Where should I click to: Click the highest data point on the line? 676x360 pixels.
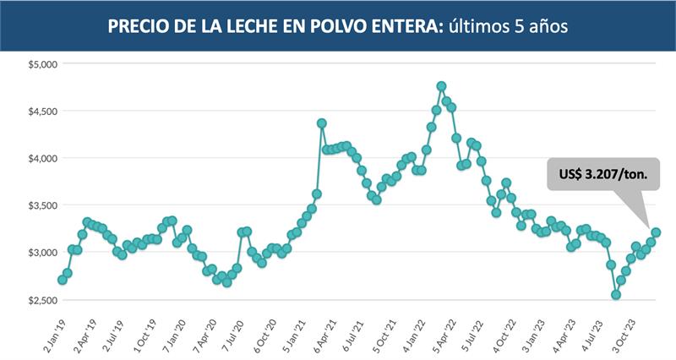pyautogui.click(x=441, y=86)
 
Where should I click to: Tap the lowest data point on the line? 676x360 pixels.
pyautogui.click(x=616, y=295)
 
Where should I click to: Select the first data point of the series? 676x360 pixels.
pyautogui.click(x=62, y=280)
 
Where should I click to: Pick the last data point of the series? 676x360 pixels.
pyautogui.click(x=656, y=232)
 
